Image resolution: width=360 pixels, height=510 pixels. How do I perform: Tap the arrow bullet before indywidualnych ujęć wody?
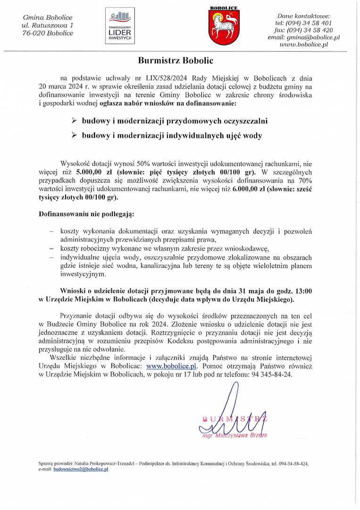[x=74, y=136]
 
